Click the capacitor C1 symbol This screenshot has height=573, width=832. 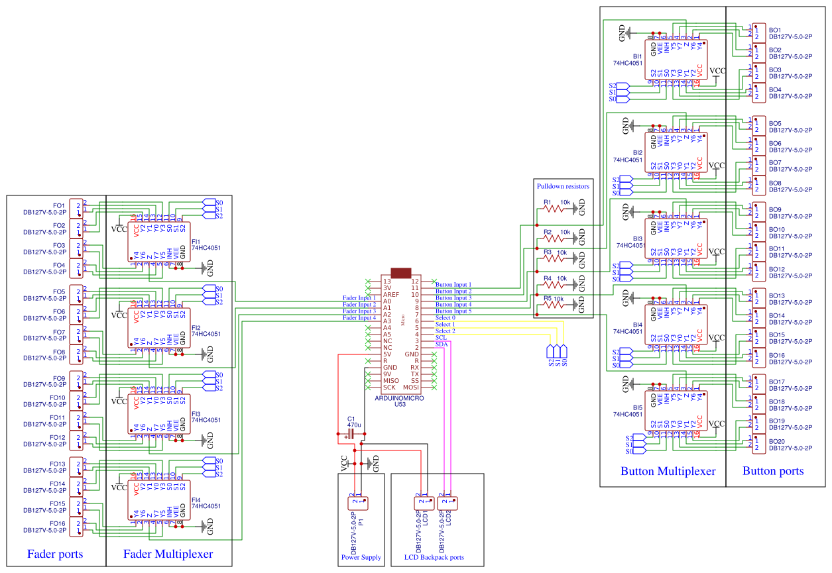point(351,433)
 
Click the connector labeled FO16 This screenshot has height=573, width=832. point(78,527)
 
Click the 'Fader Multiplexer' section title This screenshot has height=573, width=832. point(168,554)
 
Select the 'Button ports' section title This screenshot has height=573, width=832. point(773,471)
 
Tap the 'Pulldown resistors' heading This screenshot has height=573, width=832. point(563,186)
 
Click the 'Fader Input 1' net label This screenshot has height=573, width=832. point(359,298)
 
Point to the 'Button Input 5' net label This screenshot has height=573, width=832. point(453,311)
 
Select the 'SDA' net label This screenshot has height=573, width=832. point(442,344)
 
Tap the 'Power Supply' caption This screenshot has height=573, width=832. point(361,558)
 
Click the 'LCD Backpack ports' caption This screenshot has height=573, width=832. point(434,558)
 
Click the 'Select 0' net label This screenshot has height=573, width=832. point(445,318)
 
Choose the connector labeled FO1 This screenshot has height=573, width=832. point(78,208)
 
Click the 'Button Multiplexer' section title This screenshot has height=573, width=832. point(668,471)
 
